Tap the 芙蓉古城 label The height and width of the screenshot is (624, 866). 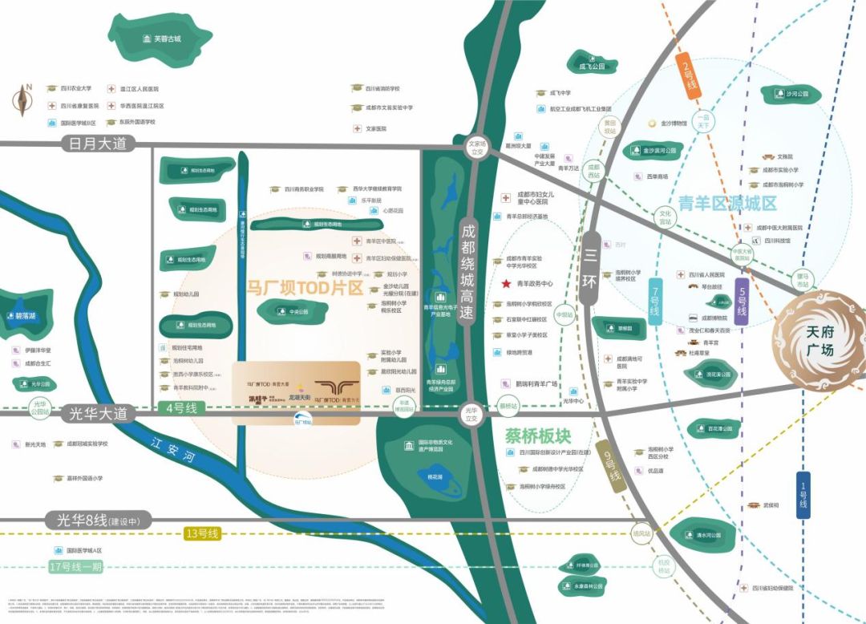(161, 39)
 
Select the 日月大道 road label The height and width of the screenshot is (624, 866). (99, 144)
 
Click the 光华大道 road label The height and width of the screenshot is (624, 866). (99, 414)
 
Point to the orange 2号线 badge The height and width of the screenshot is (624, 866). (686, 75)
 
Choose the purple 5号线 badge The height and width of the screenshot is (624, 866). (742, 301)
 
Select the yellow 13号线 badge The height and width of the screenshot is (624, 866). (202, 533)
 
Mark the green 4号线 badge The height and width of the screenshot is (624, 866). (180, 408)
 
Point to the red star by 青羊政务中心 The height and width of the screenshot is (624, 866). (506, 283)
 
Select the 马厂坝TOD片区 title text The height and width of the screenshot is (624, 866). (306, 287)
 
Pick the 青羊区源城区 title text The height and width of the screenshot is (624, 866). (727, 203)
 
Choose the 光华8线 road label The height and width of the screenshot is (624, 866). (95, 520)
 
